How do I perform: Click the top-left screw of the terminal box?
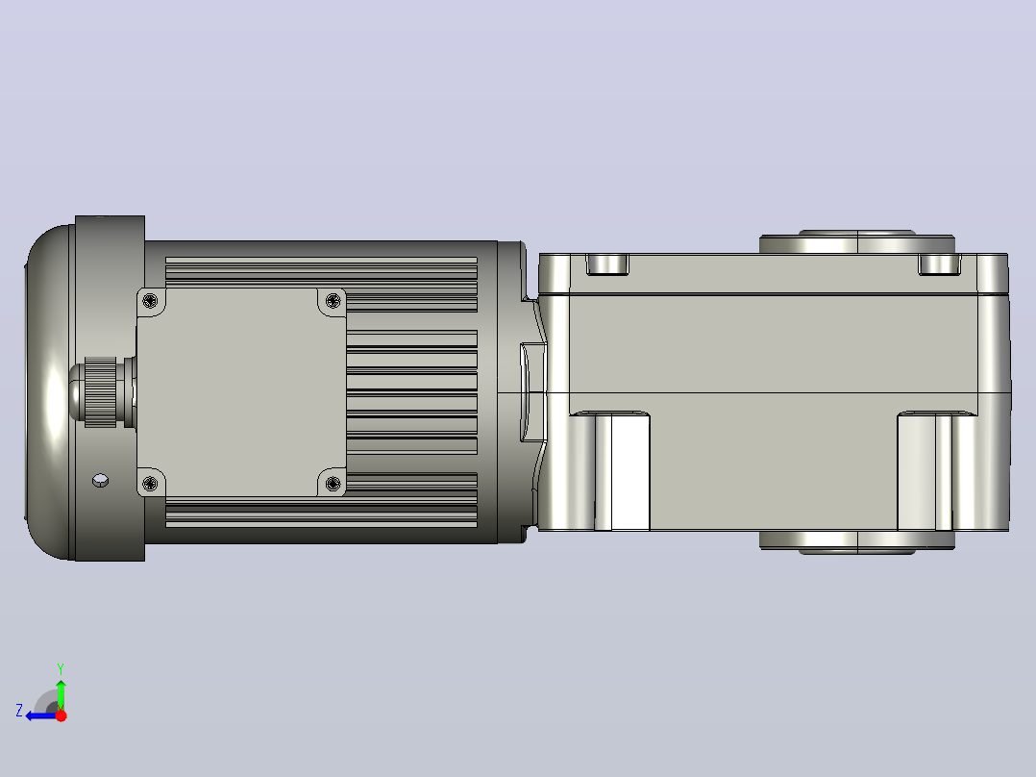point(150,302)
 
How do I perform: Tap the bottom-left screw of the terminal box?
point(150,484)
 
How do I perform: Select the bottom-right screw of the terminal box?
point(333,484)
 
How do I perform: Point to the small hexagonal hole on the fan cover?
point(100,480)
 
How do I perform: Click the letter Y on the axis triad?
point(61,668)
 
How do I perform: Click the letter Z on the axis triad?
point(19,711)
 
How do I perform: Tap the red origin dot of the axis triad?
point(61,715)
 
